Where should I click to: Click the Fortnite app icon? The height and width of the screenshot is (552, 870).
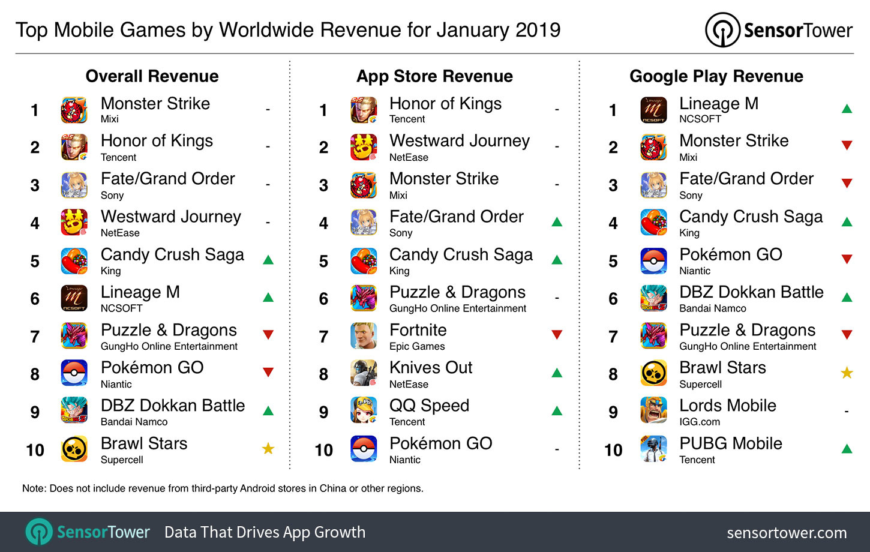364,336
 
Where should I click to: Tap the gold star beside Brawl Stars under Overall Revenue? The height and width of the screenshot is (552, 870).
268,448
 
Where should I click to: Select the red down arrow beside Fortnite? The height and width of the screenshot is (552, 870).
557,335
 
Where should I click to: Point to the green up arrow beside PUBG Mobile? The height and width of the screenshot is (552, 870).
847,448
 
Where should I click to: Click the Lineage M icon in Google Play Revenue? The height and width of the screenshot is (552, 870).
653,110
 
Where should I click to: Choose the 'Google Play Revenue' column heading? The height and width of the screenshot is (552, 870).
716,76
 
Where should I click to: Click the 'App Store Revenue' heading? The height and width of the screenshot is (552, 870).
434,76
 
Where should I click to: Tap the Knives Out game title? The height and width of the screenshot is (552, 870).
431,367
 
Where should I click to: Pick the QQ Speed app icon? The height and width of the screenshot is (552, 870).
364,411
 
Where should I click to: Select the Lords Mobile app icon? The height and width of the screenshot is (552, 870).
653,411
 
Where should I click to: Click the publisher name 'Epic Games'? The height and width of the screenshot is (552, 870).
417,346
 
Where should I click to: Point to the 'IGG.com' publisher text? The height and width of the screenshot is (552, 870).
699,422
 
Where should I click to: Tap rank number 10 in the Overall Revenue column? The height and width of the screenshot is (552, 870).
35,450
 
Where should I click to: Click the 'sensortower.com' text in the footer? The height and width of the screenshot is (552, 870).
787,533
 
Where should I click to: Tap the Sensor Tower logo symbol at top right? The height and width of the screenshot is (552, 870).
722,30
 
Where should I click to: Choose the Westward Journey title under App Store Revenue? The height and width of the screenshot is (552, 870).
460,141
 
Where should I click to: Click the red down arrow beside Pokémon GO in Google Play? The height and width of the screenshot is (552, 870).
847,259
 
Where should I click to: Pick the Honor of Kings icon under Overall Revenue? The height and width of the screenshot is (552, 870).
74,147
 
